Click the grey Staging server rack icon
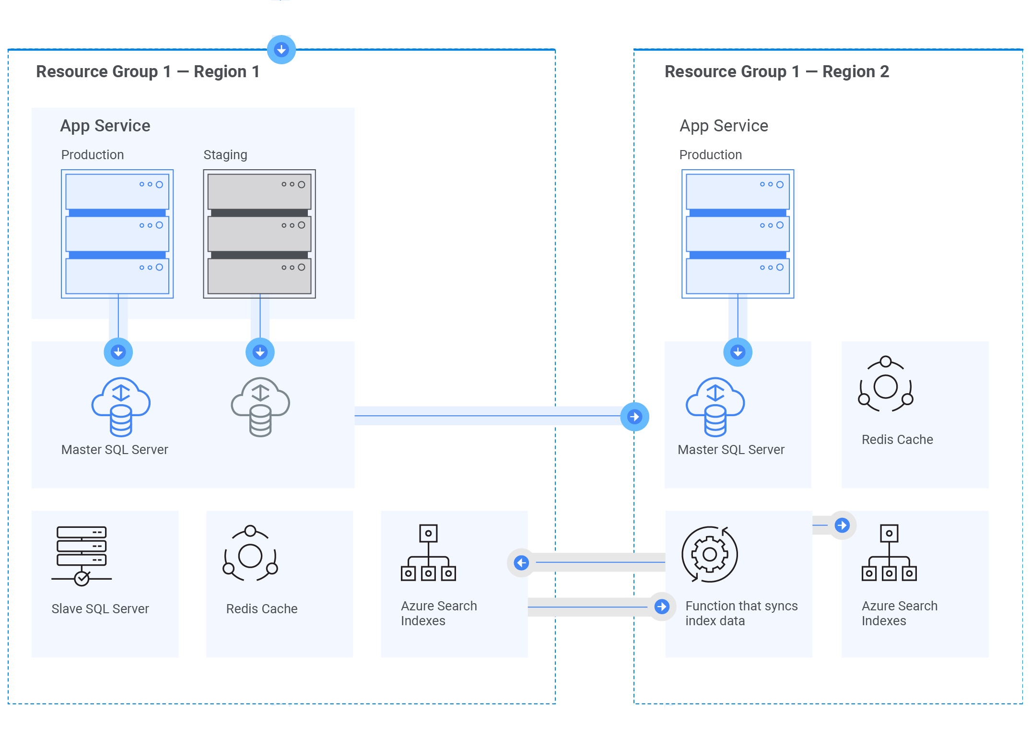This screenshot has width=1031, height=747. (259, 234)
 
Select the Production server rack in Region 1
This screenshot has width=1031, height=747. (117, 234)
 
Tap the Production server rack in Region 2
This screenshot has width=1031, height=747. (738, 234)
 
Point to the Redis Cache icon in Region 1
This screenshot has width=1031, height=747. (250, 554)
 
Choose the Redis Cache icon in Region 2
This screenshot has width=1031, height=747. (886, 384)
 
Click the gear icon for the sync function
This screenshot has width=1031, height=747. (710, 554)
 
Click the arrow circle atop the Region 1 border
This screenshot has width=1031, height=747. (281, 49)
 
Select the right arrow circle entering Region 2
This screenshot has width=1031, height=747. (634, 417)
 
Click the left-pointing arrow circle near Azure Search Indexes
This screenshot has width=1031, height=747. (521, 562)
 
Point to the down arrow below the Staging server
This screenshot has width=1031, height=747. (260, 352)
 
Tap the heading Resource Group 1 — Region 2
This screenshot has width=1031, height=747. (776, 72)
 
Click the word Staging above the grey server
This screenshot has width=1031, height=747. (225, 155)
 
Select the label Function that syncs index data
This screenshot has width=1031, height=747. (741, 613)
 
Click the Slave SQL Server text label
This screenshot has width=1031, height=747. (100, 609)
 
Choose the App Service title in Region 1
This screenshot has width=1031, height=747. (105, 126)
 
